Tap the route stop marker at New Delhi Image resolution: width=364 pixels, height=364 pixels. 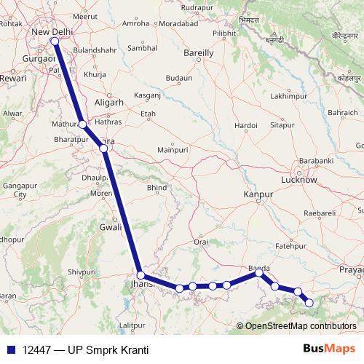point(55,41)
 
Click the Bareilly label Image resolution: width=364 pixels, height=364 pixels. point(198,53)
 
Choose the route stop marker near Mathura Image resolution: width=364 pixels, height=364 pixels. point(83,124)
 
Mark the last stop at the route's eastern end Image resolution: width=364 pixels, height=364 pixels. point(309,302)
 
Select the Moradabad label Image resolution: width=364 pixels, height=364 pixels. point(179,23)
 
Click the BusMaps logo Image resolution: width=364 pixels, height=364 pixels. point(328,349)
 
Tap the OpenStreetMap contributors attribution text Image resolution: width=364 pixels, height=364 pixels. point(300,326)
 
